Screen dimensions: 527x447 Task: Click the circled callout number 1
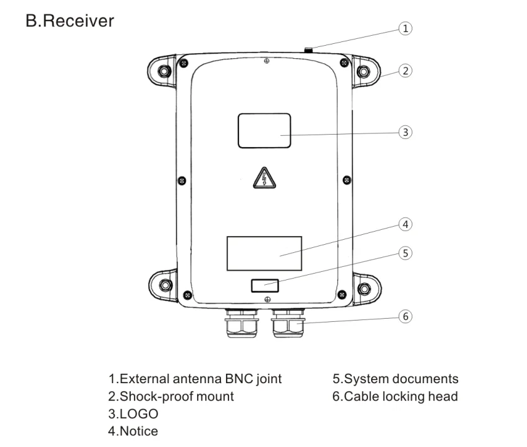coord(406,28)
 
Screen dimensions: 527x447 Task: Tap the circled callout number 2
coord(406,71)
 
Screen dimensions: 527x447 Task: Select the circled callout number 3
coord(406,132)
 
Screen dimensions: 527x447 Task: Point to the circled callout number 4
coord(406,224)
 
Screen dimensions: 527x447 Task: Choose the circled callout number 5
coord(406,253)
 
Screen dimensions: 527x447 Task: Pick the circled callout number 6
coord(406,316)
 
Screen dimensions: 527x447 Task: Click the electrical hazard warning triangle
coord(265,178)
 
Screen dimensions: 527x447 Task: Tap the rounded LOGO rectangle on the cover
coord(265,130)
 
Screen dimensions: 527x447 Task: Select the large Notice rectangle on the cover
coord(265,254)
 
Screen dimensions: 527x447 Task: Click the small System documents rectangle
coord(265,285)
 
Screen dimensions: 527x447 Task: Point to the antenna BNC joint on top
coord(308,51)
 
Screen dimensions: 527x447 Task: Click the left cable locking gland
coord(242,324)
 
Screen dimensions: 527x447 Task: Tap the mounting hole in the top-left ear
coord(165,71)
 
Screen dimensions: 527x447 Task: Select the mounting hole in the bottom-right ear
coord(364,289)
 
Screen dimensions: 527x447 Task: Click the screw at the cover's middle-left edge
coord(182,180)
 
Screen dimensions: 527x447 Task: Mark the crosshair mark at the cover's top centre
coord(267,61)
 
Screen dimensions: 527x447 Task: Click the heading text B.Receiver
coord(70,21)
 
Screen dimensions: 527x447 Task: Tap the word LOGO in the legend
coord(139,414)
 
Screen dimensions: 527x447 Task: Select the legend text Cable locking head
coord(401,396)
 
